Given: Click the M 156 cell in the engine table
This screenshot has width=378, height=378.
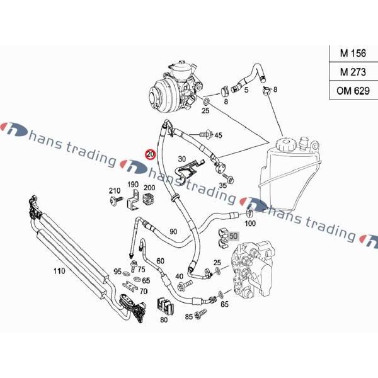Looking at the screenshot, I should click(x=352, y=54).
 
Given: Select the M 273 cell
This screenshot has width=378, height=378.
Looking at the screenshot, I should click(x=352, y=72).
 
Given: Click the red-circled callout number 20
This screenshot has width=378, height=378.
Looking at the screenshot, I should click(x=150, y=154).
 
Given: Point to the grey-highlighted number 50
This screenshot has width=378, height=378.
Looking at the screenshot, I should click(x=234, y=236).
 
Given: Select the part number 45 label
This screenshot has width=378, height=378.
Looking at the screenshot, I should click(x=218, y=135).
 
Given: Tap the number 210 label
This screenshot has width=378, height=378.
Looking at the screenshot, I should click(x=114, y=191).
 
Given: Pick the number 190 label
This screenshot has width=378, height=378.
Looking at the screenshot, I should click(x=133, y=185).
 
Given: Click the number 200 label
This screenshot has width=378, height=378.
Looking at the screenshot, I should click(x=149, y=188).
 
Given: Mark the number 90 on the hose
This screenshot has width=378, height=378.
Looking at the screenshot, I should click(x=173, y=232).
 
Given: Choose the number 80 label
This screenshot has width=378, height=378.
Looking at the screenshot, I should click(x=164, y=319).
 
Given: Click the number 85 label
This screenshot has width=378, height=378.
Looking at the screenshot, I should click(x=188, y=316).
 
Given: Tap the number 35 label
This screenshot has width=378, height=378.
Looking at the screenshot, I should click(x=222, y=186).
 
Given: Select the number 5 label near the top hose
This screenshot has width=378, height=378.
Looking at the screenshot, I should click(x=246, y=90).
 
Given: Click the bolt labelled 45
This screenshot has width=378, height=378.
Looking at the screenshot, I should click(x=205, y=134).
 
